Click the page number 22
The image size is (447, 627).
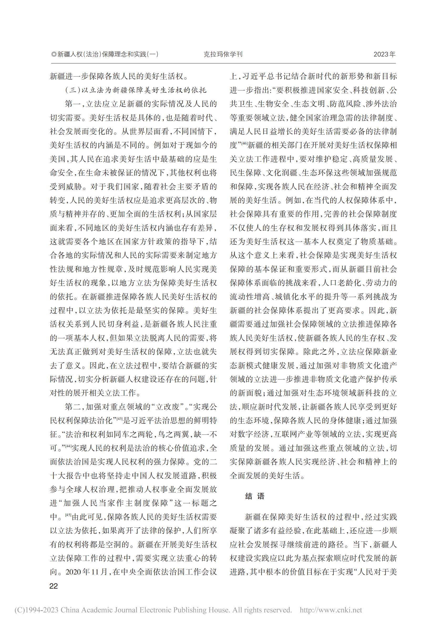[53, 586]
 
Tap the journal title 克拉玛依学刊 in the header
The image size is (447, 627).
[223, 54]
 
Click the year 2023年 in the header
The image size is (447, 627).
[384, 54]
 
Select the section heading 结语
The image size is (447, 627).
[255, 496]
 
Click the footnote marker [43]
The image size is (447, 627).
[120, 419]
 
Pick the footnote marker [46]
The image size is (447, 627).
[244, 143]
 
